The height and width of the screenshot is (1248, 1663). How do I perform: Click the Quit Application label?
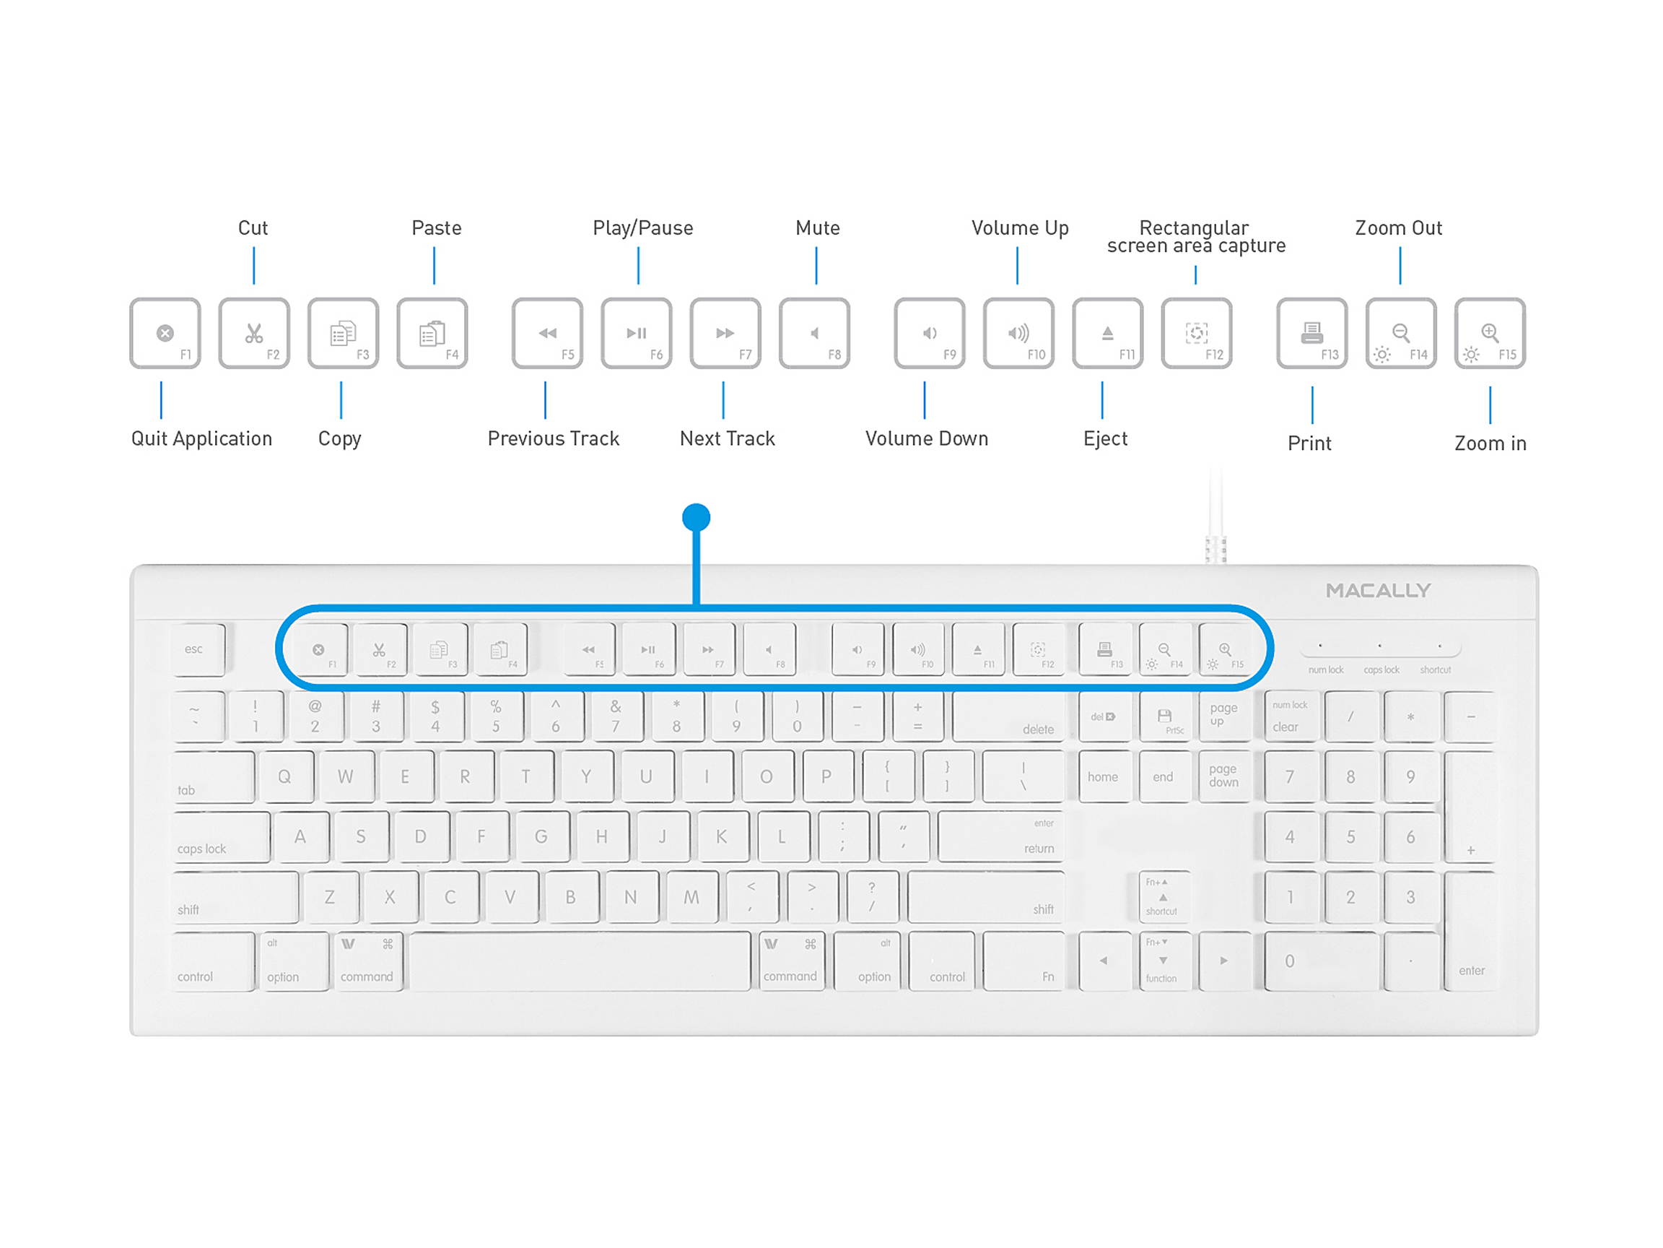(x=201, y=438)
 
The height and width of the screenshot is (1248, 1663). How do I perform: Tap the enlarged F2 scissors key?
(x=254, y=333)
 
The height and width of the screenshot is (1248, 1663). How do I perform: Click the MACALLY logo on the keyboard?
(x=1377, y=591)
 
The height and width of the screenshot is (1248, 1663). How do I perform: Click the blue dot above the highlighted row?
(x=697, y=518)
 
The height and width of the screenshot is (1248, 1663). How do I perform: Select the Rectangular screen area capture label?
(x=1195, y=237)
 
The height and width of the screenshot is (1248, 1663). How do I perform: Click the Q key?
(x=284, y=777)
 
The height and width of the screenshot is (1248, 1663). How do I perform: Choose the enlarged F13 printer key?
(x=1312, y=333)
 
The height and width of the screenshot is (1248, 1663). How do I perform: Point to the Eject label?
(x=1105, y=438)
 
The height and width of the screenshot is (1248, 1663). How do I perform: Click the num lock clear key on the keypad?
(x=1290, y=717)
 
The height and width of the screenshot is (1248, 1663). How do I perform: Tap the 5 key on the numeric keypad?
(x=1350, y=836)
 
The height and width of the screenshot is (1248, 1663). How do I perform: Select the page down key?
(x=1224, y=776)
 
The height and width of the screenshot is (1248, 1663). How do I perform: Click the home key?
(x=1103, y=777)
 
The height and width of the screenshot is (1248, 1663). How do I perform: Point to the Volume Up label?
(x=1019, y=228)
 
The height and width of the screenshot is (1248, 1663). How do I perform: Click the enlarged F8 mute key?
(x=814, y=333)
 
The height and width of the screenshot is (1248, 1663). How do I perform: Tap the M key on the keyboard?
(x=691, y=897)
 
